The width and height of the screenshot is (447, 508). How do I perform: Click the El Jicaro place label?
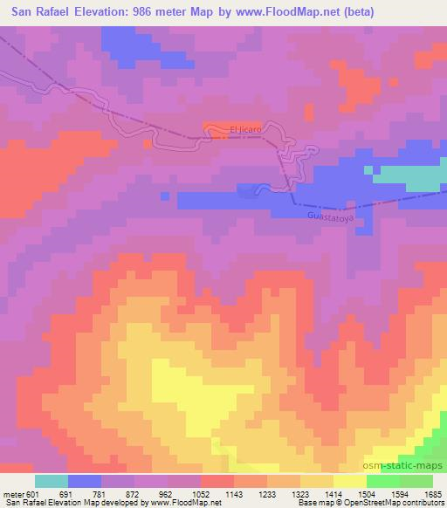point(245,131)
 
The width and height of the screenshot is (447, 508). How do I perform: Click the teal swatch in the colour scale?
point(52,481)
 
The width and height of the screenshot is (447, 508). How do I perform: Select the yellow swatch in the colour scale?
point(350,481)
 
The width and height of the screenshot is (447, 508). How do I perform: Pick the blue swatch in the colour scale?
point(85,481)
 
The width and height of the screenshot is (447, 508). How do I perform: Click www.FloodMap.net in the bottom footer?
point(184,503)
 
